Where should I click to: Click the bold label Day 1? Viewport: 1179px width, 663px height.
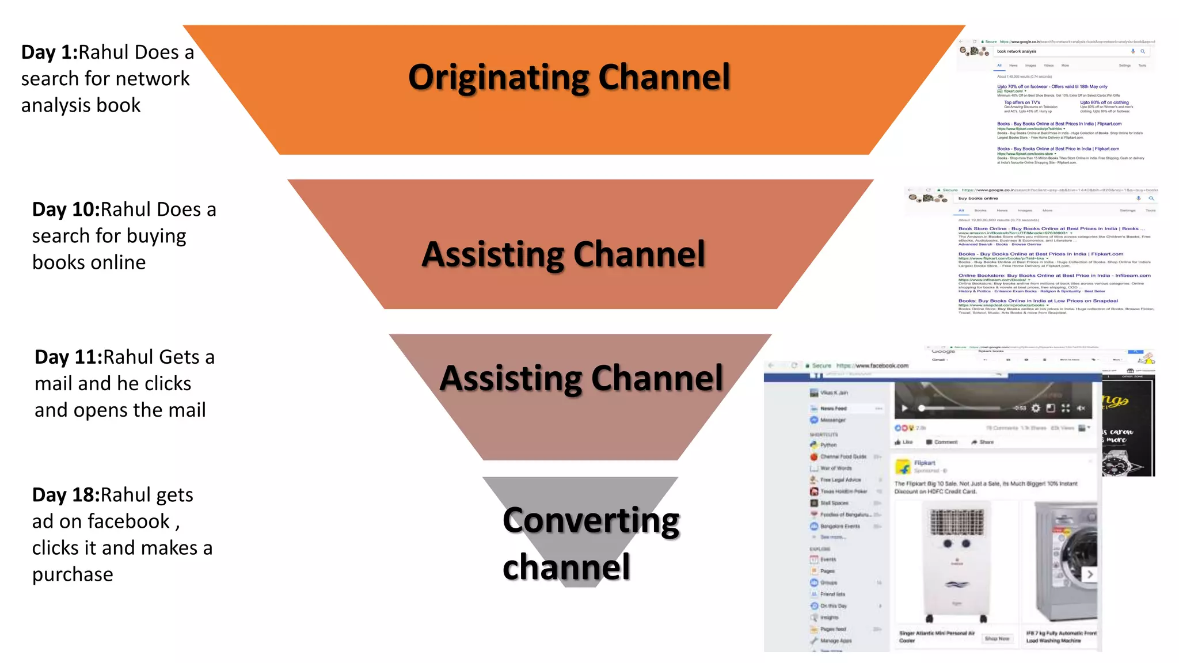(50, 52)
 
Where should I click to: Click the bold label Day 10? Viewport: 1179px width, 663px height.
(66, 209)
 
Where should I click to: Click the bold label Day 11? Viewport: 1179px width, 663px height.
(68, 357)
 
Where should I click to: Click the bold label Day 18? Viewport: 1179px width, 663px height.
(66, 495)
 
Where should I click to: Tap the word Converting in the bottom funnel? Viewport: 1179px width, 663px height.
(591, 521)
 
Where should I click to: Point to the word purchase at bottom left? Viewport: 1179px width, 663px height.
(73, 574)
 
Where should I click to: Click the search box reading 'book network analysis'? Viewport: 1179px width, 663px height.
(1059, 51)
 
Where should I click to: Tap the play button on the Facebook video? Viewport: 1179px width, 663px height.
(904, 409)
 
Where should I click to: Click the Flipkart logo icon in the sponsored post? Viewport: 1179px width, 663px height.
(903, 466)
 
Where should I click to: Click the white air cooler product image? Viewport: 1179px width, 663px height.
(956, 561)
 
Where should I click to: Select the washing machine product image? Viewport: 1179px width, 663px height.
(1065, 561)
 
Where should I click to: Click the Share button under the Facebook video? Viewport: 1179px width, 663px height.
(983, 442)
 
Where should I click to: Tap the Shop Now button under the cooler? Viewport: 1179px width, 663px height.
(997, 639)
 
